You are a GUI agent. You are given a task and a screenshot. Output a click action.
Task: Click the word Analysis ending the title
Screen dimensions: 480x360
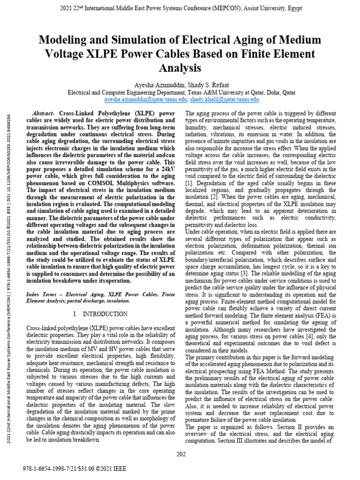pyautogui.click(x=180, y=68)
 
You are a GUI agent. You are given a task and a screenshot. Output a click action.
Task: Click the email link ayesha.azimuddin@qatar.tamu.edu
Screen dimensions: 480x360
pyautogui.click(x=145, y=100)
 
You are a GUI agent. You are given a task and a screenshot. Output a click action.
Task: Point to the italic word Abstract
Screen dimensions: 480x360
pyautogui.click(x=43, y=114)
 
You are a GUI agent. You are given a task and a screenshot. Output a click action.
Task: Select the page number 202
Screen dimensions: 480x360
pyautogui.click(x=181, y=453)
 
